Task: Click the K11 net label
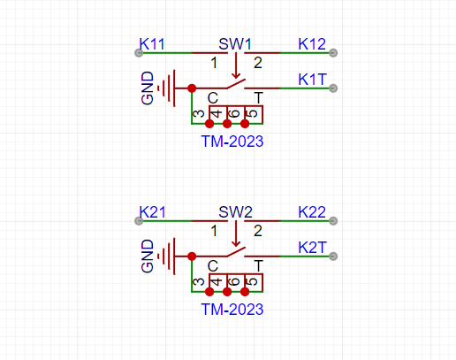[x=152, y=44]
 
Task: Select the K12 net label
[x=312, y=44]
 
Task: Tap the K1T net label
[x=312, y=80]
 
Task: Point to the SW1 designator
[x=235, y=44]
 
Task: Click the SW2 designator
[x=235, y=212]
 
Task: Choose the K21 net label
[x=152, y=212]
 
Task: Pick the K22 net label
[x=312, y=212]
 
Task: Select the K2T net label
[x=312, y=248]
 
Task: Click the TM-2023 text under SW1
[x=232, y=142]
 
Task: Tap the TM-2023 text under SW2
[x=232, y=310]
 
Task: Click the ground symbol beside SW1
[x=169, y=88]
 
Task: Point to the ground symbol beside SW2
[x=169, y=257]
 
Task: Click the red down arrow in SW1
[x=236, y=65]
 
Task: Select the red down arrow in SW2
[x=236, y=234]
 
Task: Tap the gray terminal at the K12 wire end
[x=333, y=53]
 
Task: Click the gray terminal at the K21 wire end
[x=139, y=221]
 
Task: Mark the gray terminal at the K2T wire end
[x=333, y=257]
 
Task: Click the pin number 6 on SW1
[x=235, y=113]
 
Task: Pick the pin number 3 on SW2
[x=199, y=282]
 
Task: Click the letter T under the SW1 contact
[x=258, y=97]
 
